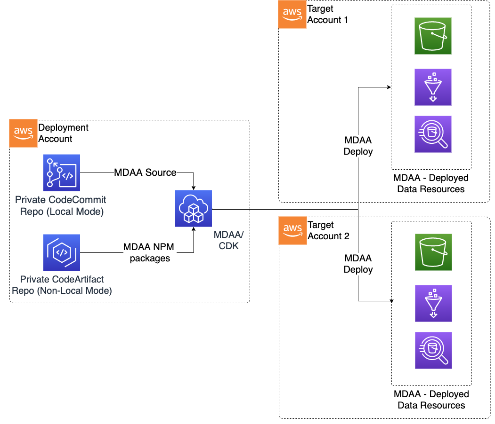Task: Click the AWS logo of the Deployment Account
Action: (23, 134)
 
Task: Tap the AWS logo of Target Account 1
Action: (292, 15)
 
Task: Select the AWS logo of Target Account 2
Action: (292, 231)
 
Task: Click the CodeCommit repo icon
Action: (62, 173)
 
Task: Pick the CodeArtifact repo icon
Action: (62, 253)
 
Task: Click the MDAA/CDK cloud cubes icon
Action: (194, 209)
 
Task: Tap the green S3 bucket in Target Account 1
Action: (433, 36)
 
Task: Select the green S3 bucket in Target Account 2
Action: (433, 252)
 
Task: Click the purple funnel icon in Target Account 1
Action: (433, 87)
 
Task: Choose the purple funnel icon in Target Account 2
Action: (433, 303)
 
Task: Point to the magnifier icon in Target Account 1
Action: (433, 134)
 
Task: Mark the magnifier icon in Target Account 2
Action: (433, 350)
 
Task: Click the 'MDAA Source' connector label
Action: (145, 173)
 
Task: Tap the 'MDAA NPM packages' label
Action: (146, 252)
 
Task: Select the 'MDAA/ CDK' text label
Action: (227, 240)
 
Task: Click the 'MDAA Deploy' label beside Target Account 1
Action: (358, 146)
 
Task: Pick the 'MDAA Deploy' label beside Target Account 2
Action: (358, 264)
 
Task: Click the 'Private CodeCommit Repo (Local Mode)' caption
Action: (62, 206)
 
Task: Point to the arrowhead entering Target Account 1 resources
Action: (389, 87)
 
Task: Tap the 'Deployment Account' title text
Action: (63, 133)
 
